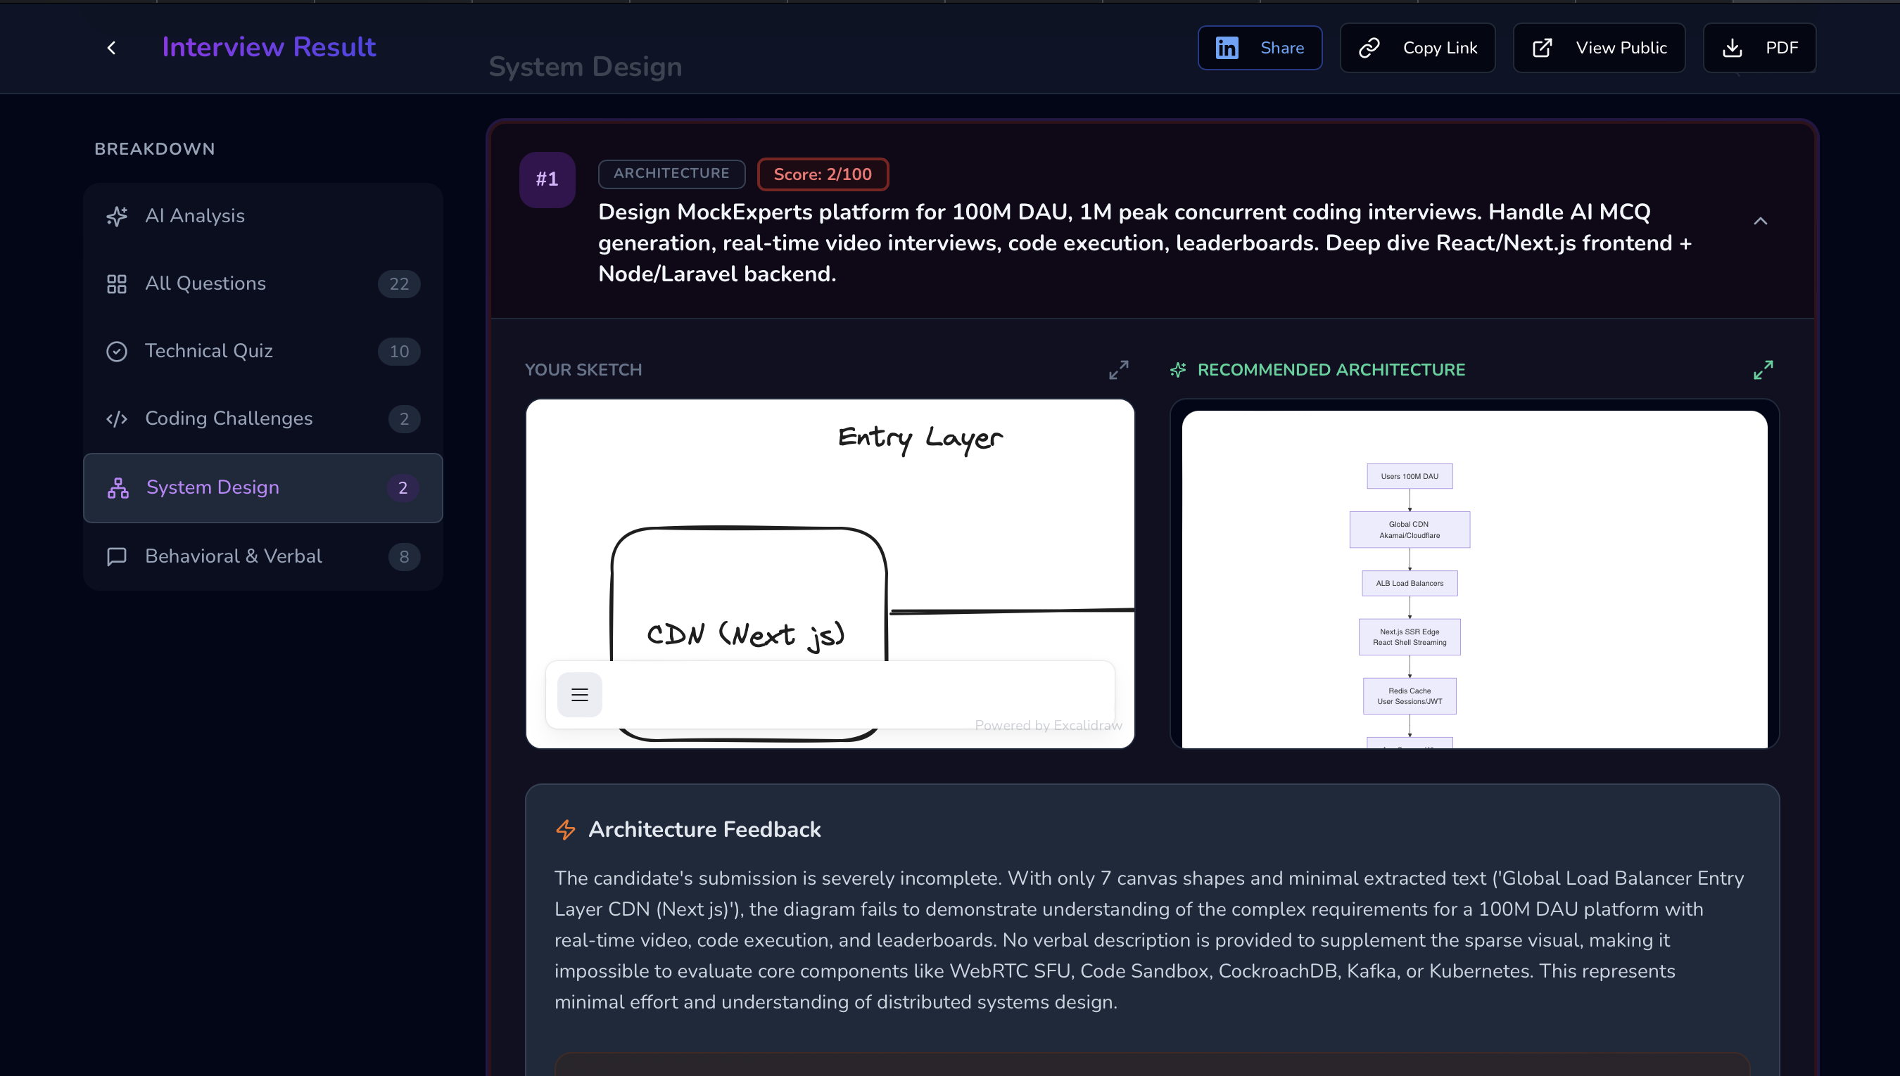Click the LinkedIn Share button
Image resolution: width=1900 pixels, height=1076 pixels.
(x=1259, y=48)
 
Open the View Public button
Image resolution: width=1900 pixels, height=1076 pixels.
(x=1598, y=48)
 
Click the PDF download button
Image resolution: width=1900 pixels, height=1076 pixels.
(x=1759, y=48)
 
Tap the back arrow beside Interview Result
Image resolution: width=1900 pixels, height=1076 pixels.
(x=112, y=48)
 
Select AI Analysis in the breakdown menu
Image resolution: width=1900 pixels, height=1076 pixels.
(x=194, y=216)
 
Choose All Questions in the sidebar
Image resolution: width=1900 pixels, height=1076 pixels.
(x=205, y=284)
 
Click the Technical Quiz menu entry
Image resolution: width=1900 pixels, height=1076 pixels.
(x=208, y=351)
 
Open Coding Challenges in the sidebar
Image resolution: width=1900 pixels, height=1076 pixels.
(x=229, y=418)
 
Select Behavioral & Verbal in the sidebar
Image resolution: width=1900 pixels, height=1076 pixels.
(x=233, y=556)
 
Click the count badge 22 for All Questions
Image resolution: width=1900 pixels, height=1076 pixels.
(x=398, y=284)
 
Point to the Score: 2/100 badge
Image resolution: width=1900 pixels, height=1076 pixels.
(x=822, y=174)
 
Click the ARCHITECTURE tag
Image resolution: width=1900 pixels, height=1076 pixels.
(x=671, y=174)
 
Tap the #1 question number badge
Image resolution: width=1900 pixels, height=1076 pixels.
(x=546, y=179)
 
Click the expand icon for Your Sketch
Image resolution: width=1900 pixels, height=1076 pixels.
(x=1117, y=369)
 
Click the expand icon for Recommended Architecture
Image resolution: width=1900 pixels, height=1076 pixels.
(x=1763, y=369)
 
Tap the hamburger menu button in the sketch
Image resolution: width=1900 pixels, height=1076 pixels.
(x=579, y=695)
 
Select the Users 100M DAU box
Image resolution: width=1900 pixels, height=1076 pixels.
(x=1409, y=477)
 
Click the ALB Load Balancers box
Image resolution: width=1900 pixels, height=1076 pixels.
(x=1409, y=583)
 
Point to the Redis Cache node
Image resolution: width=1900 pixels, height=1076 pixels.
(x=1409, y=696)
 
